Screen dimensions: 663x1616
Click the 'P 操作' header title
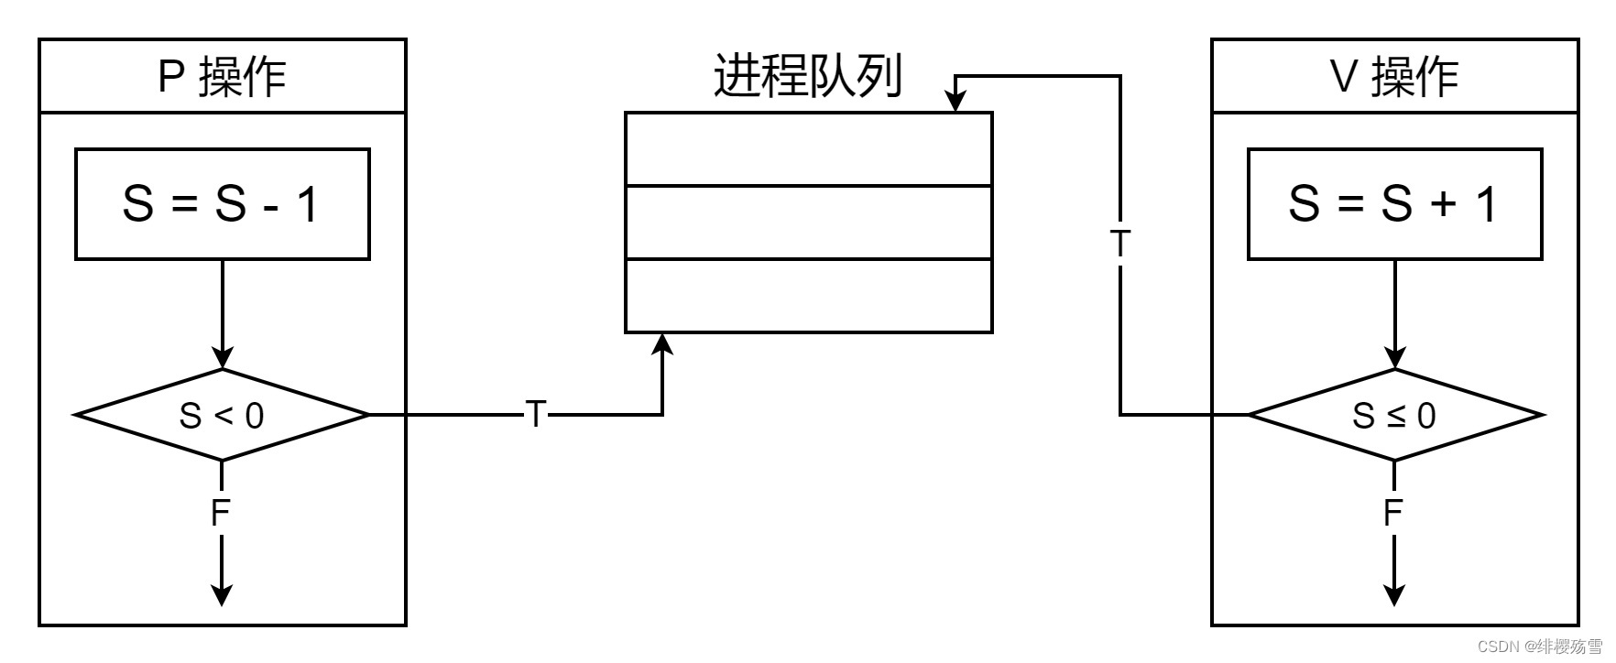click(x=222, y=76)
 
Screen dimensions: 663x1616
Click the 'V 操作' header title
click(x=1393, y=76)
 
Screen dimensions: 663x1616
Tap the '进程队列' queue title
click(x=807, y=76)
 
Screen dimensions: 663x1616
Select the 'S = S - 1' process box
click(x=222, y=204)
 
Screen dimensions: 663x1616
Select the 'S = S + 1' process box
click(x=1394, y=204)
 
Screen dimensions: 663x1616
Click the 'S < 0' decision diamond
click(x=222, y=415)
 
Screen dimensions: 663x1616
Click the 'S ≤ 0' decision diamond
click(x=1394, y=415)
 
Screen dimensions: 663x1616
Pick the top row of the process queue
click(x=808, y=149)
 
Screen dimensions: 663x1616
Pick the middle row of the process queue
click(x=808, y=223)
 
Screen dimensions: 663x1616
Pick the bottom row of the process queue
click(x=808, y=296)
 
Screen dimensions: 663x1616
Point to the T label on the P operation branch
click(x=536, y=415)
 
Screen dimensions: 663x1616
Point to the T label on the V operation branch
click(x=1119, y=245)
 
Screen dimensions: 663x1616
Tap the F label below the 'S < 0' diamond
click(x=221, y=513)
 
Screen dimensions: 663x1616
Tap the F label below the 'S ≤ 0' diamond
click(x=1393, y=513)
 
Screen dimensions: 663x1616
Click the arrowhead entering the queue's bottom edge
click(x=662, y=342)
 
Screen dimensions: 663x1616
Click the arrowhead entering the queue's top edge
click(x=955, y=102)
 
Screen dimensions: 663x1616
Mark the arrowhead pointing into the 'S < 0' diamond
click(x=222, y=358)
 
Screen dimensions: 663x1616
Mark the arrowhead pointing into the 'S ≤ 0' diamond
click(x=1394, y=358)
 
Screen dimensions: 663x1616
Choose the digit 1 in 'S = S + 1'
click(x=1486, y=204)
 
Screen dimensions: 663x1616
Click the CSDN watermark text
click(x=1539, y=647)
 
